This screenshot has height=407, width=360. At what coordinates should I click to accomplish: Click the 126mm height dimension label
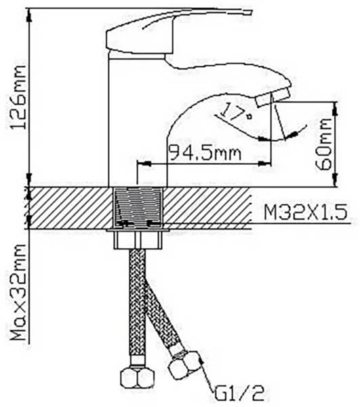(18, 97)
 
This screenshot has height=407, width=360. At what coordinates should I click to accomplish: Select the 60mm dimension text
(323, 144)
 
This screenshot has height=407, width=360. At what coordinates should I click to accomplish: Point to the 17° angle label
(237, 112)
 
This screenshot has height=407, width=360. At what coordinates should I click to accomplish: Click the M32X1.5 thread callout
(306, 212)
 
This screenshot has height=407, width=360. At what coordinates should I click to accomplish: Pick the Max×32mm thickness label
(18, 292)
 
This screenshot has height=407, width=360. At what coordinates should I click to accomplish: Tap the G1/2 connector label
(239, 394)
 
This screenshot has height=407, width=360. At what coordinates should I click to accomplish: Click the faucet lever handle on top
(179, 31)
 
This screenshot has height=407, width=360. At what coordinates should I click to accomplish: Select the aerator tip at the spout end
(273, 97)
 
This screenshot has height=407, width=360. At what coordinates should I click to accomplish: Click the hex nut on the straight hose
(137, 378)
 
